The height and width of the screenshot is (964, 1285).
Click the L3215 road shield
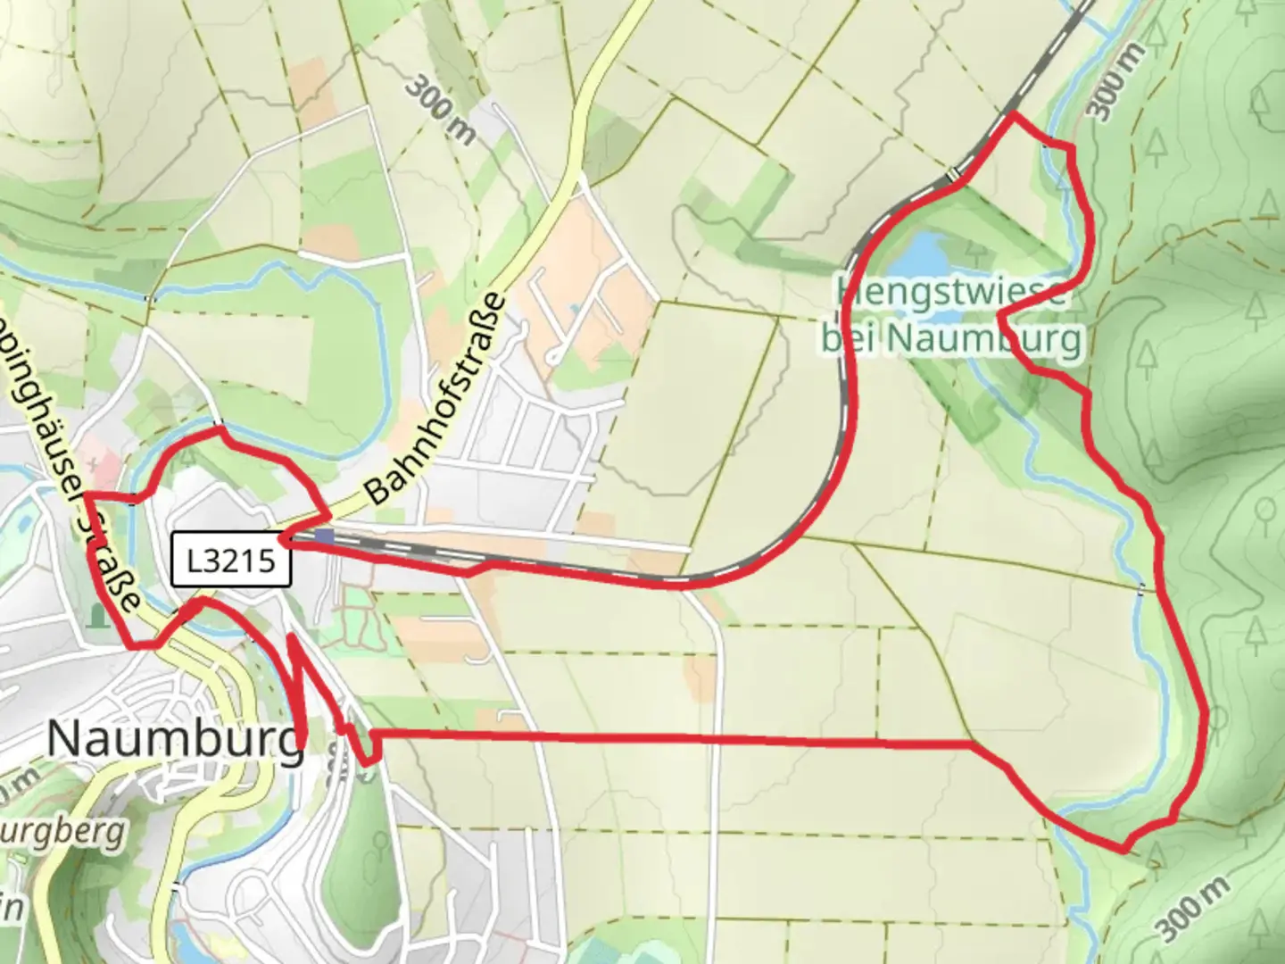click(232, 561)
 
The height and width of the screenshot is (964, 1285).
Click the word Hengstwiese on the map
click(951, 291)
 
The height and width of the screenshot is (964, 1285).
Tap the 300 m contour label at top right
click(1116, 81)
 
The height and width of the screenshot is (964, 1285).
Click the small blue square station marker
click(325, 536)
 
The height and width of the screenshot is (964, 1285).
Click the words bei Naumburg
click(951, 339)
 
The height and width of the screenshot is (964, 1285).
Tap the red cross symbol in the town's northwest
click(93, 464)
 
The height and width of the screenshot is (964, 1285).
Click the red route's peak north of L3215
click(219, 430)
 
